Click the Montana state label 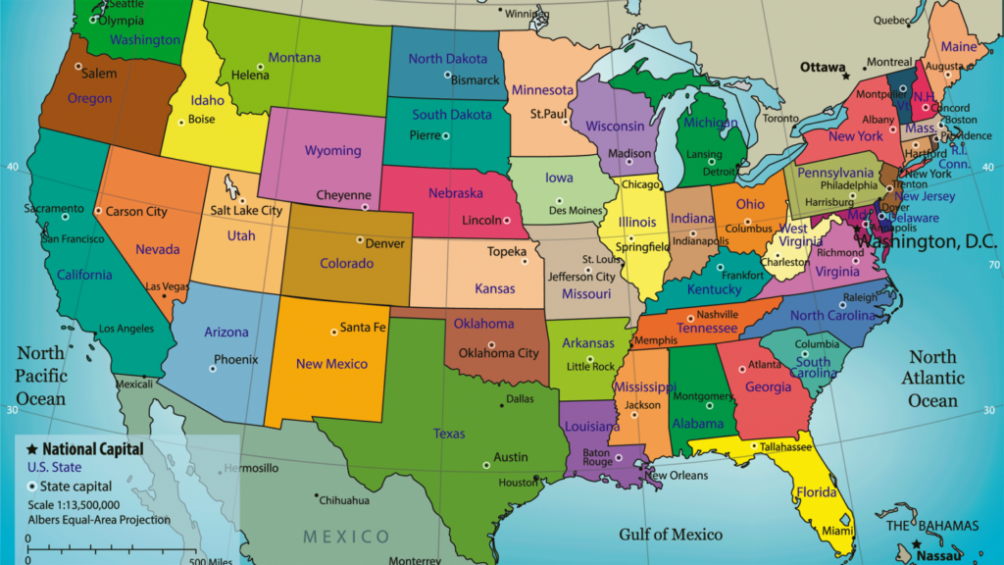(294, 58)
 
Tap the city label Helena (250, 76)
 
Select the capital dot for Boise (181, 122)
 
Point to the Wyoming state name (332, 151)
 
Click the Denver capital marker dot (360, 240)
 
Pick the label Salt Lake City (246, 210)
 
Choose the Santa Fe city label (363, 328)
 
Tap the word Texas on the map (449, 433)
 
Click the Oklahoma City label (499, 353)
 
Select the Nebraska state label (455, 193)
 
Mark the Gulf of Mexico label (671, 535)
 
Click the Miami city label (837, 531)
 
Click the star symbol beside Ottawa (846, 75)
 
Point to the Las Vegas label (168, 285)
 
